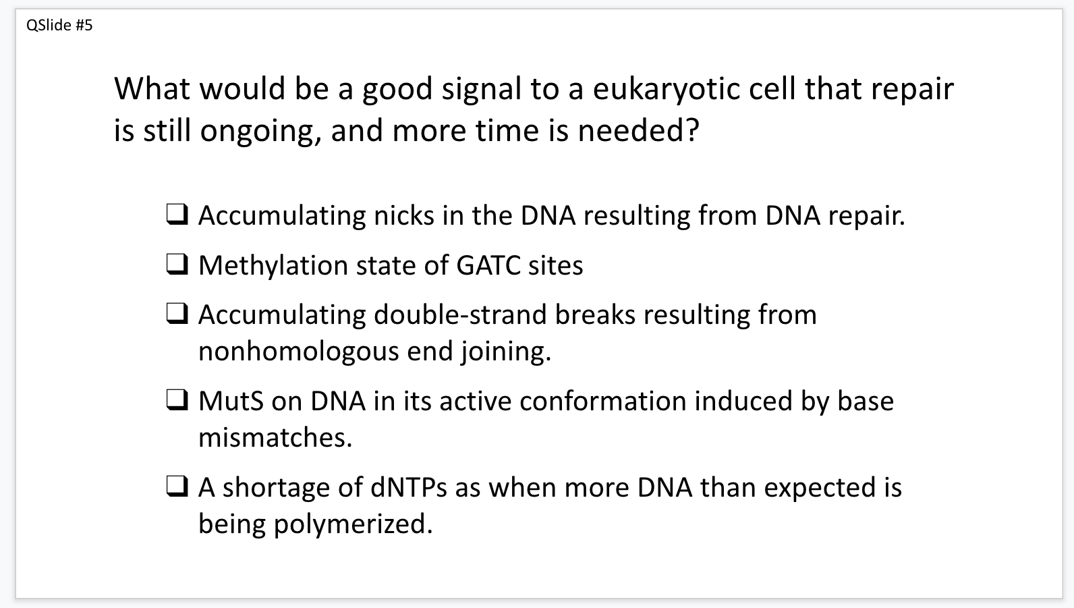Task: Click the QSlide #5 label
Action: coord(59,25)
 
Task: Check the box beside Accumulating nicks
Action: coord(177,215)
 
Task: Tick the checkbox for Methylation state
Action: coord(177,265)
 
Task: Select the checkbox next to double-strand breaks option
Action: coord(177,314)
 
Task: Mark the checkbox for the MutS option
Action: coord(177,400)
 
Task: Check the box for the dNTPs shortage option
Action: coord(177,487)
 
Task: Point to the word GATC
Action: coord(488,265)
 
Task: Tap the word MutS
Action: coord(231,401)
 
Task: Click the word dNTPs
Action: coord(409,487)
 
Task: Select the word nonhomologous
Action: coord(299,352)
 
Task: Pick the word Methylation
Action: coord(273,266)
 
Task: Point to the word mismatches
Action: coord(275,438)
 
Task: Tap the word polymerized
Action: coord(353,524)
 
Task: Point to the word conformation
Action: coord(602,401)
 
